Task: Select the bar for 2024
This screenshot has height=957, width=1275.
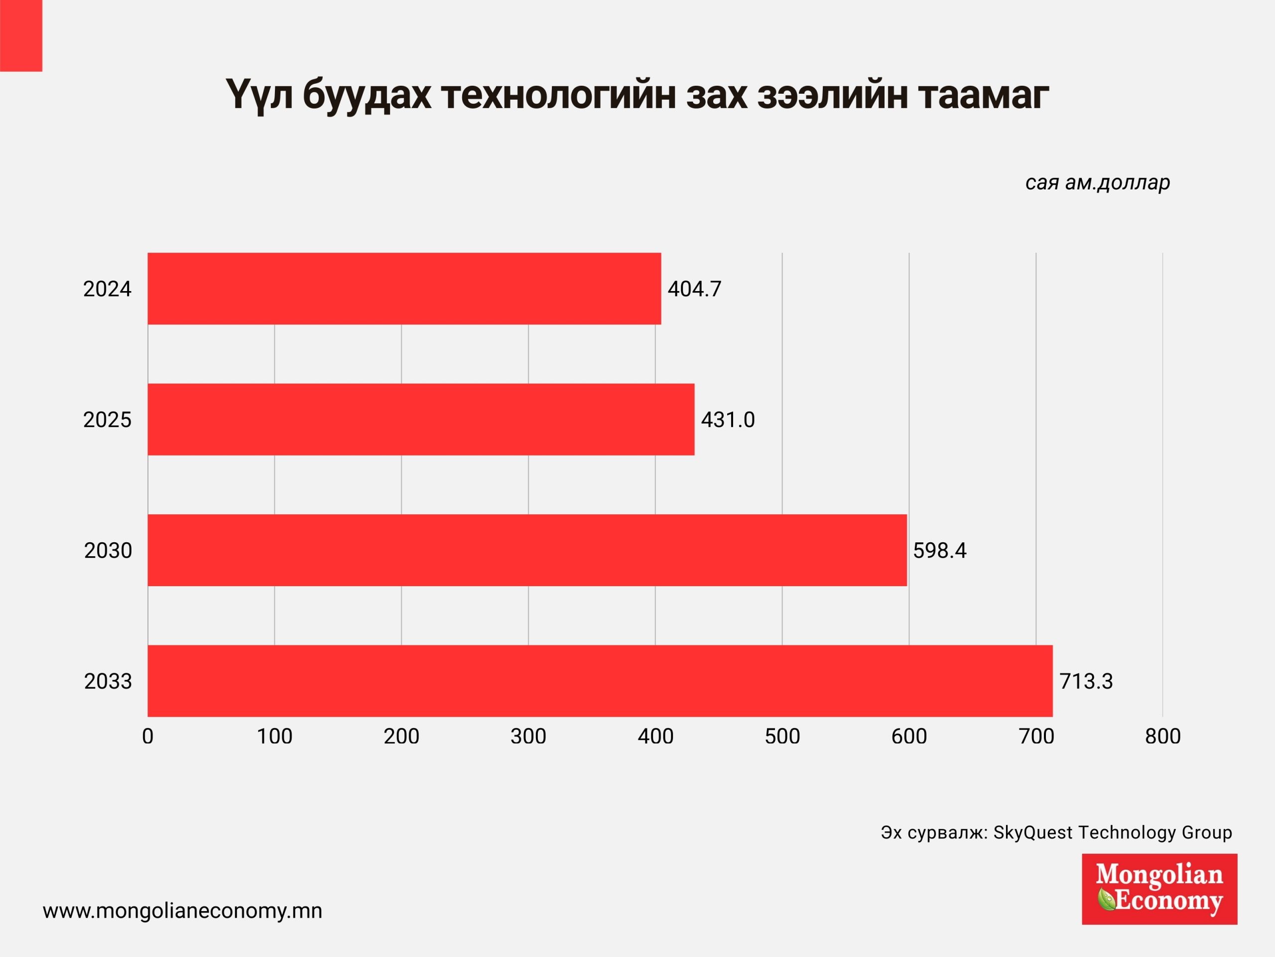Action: [403, 289]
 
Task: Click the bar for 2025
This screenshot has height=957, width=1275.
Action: [421, 419]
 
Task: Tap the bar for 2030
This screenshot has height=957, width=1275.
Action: [527, 550]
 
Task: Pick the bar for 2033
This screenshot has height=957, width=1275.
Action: [600, 681]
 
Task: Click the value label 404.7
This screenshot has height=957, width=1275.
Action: [694, 289]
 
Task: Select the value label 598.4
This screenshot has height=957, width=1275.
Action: [939, 551]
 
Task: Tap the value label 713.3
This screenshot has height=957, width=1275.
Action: [1086, 681]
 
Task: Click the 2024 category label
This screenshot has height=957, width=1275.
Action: [107, 289]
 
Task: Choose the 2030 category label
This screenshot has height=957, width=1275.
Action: [108, 551]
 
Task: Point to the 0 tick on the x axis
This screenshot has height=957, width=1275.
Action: [147, 737]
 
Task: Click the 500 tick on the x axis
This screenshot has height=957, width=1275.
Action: [782, 737]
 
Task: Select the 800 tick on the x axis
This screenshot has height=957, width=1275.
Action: [1162, 737]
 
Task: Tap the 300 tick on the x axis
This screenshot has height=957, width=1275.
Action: [528, 737]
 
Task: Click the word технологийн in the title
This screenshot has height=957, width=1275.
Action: [558, 95]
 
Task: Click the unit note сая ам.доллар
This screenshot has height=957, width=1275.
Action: [1097, 182]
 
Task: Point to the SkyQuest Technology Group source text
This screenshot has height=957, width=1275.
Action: [1113, 832]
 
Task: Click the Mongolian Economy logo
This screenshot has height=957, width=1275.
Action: [1159, 889]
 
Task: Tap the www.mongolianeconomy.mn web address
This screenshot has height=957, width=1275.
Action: [182, 911]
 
